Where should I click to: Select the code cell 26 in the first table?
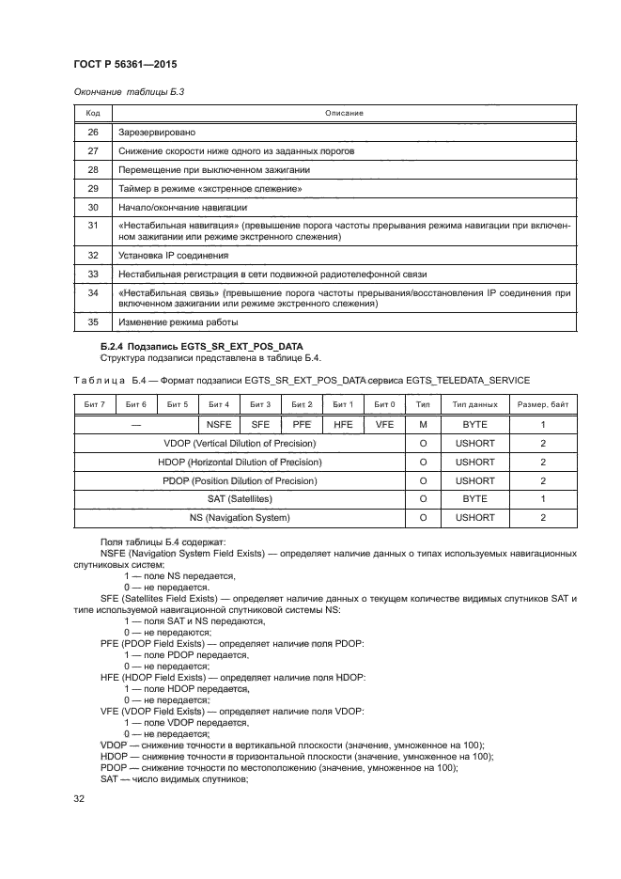click(93, 133)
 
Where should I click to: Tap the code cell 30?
click(93, 206)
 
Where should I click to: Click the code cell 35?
click(93, 322)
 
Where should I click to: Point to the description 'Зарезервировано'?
click(157, 133)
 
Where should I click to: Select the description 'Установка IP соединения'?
click(173, 255)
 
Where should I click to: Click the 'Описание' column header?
click(344, 114)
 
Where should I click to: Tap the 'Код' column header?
click(93, 114)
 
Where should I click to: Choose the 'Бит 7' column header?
click(95, 404)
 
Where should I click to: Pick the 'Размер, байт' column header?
click(542, 404)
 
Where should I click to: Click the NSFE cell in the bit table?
click(218, 425)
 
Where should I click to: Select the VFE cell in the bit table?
click(383, 425)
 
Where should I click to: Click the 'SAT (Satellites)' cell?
click(239, 499)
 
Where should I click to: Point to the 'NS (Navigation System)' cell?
click(239, 518)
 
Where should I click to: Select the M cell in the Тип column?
click(423, 425)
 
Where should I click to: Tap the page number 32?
click(80, 799)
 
